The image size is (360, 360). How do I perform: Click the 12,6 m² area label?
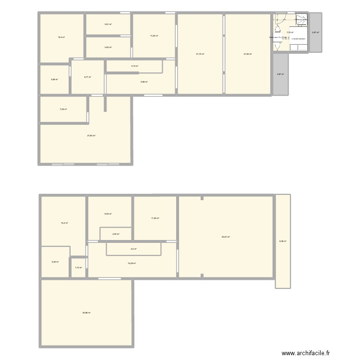tap(61, 37)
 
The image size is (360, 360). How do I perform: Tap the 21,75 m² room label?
tap(200, 54)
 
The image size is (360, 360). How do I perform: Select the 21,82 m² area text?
tap(248, 54)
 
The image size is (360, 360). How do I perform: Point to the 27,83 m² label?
tap(91, 136)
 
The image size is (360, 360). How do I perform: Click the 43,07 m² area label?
tap(226, 237)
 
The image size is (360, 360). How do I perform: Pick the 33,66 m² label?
tap(86, 312)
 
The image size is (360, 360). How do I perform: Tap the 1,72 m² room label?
tap(79, 268)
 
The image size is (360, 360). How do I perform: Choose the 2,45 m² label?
tap(116, 234)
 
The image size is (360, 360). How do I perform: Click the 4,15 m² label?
tap(134, 66)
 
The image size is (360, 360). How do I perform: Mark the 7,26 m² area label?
tap(63, 109)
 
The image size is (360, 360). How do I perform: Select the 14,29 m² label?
tap(132, 263)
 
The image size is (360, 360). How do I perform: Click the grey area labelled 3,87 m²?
tap(280, 74)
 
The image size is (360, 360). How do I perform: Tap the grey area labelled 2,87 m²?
tap(315, 33)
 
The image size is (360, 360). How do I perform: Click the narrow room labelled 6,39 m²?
tap(283, 241)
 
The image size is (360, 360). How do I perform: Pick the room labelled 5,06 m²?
tap(54, 79)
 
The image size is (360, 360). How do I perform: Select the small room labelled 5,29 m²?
tap(55, 262)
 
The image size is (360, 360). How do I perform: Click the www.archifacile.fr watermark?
tap(306, 353)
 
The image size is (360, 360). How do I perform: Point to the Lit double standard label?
tap(299, 39)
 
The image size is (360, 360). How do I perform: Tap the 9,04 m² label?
tap(108, 214)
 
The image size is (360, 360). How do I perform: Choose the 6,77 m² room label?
tap(87, 77)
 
